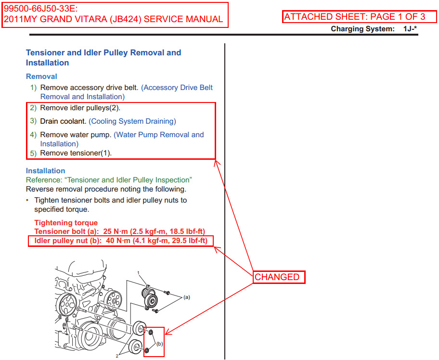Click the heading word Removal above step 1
coord(41,77)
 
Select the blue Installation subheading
coord(45,171)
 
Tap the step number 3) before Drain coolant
coord(33,121)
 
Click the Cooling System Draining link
coord(132,121)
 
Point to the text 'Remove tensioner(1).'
coord(76,153)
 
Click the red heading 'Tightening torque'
coord(66,223)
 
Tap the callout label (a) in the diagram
coord(186,297)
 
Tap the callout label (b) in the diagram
coord(159,344)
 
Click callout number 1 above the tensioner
coord(139,273)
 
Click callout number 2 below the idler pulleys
coord(117,356)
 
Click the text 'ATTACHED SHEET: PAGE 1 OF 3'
coord(354,17)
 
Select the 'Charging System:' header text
coord(362,29)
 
